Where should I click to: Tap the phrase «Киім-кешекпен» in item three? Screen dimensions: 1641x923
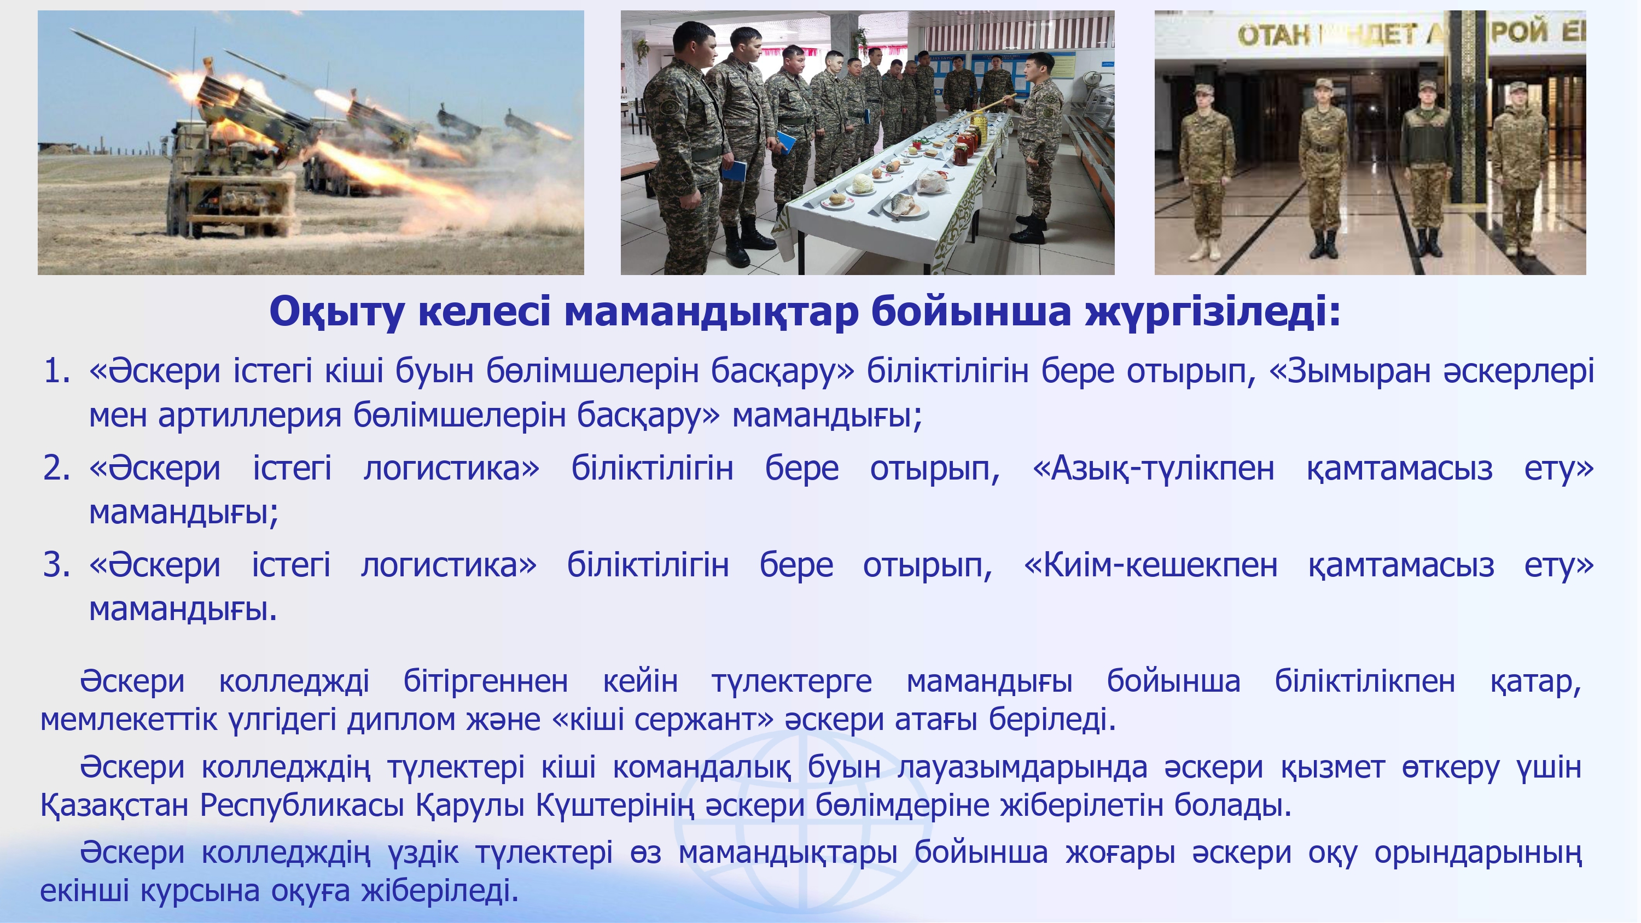pyautogui.click(x=1150, y=565)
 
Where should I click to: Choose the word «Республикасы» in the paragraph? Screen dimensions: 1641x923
pyautogui.click(x=302, y=805)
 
